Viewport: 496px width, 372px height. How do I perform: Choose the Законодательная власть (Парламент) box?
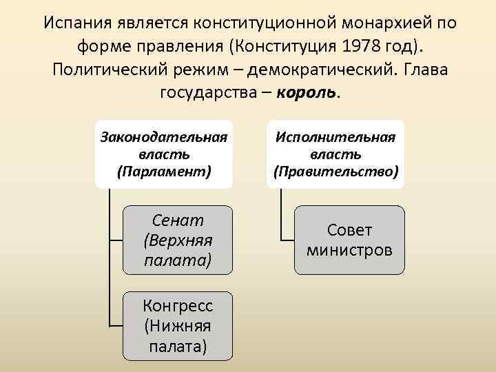pyautogui.click(x=163, y=154)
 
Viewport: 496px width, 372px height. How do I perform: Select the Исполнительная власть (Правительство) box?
pyautogui.click(x=335, y=154)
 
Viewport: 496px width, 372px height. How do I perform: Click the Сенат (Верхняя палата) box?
pyautogui.click(x=178, y=240)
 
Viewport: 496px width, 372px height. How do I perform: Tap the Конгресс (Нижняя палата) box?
pyautogui.click(x=178, y=325)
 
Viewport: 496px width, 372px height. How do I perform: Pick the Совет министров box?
pyautogui.click(x=350, y=240)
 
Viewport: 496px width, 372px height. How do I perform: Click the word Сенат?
pyautogui.click(x=178, y=221)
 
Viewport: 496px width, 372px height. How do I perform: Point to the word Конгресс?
pyautogui.click(x=178, y=306)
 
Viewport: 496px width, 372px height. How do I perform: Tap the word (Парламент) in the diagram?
pyautogui.click(x=163, y=170)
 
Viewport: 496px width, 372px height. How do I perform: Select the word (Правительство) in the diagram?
pyautogui.click(x=335, y=170)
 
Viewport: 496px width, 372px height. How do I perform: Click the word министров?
pyautogui.click(x=350, y=249)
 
